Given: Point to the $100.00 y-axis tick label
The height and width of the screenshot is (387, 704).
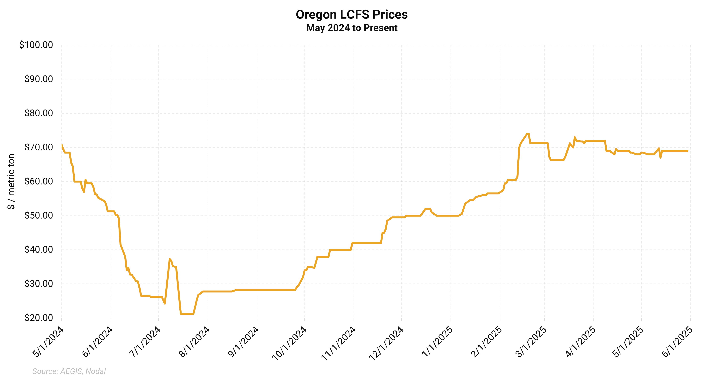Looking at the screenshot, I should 36,45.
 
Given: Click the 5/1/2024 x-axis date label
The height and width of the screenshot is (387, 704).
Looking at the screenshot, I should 48,342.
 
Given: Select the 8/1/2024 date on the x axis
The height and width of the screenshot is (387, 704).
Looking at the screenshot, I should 194,342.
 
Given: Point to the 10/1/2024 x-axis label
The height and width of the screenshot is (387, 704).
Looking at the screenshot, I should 289,343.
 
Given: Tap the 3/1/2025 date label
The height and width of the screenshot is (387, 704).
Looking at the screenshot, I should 531,342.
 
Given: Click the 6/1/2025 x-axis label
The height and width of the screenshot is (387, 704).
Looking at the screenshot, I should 677,342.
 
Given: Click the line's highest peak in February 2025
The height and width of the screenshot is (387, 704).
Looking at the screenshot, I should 528,134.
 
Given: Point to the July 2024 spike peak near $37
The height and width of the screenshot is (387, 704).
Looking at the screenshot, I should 170,259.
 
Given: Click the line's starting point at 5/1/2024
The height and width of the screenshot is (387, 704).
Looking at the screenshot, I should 62,145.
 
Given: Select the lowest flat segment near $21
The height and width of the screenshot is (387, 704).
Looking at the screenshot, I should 187,313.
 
